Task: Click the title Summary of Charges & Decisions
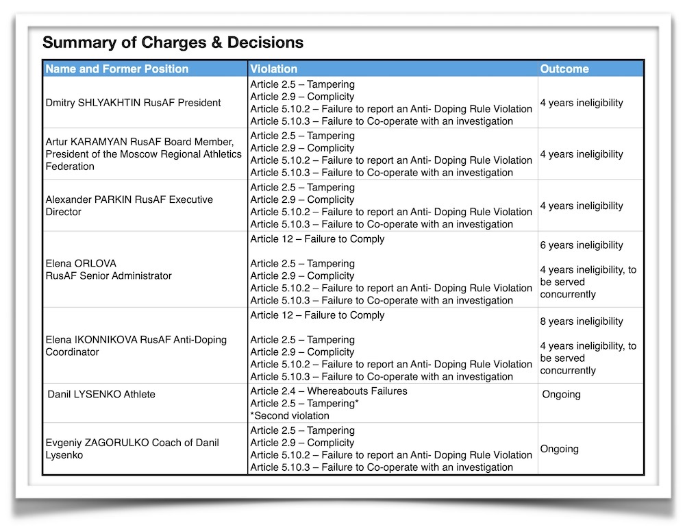[173, 42]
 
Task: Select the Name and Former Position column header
[116, 69]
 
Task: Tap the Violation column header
[274, 69]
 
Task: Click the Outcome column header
[564, 69]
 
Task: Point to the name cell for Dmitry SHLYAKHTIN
[133, 103]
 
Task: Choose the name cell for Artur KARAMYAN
[143, 154]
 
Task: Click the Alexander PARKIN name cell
[129, 206]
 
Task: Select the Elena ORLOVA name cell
[108, 269]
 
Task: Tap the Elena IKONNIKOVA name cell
[136, 346]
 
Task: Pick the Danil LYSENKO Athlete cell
[101, 394]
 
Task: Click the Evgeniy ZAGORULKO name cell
[132, 449]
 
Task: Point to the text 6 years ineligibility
[582, 245]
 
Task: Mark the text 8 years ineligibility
[582, 321]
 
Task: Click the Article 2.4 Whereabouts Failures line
[329, 391]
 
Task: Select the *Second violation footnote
[290, 415]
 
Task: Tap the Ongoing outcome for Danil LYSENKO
[561, 394]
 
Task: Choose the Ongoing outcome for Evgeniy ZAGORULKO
[560, 449]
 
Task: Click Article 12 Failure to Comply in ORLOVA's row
[318, 239]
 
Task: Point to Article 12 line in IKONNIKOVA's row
[318, 315]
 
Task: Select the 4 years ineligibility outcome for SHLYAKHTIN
[582, 103]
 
